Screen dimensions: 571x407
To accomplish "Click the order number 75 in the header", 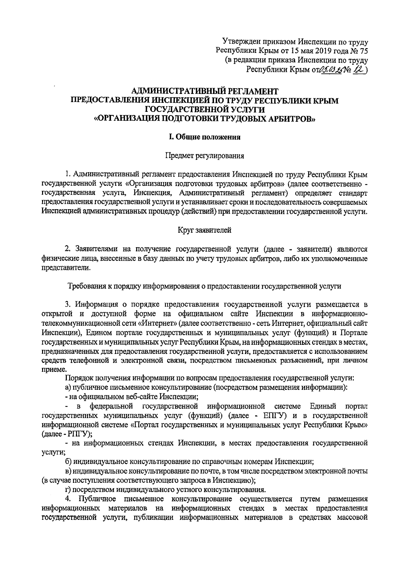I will click(x=364, y=51).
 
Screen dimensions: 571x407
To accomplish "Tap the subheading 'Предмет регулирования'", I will click(x=205, y=156).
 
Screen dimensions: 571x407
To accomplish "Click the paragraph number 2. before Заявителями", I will click(x=67, y=249).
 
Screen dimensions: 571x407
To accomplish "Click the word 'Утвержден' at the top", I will click(x=242, y=42).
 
